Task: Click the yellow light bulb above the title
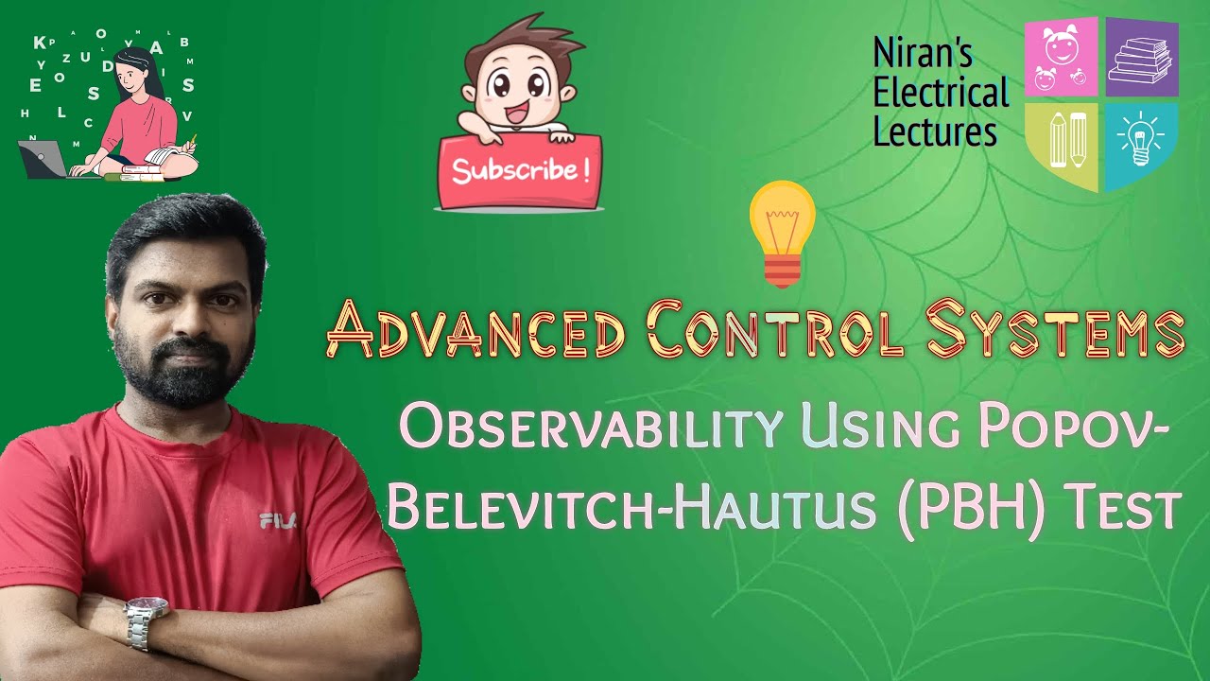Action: (782, 232)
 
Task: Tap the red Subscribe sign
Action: (519, 171)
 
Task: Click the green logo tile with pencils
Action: (1063, 142)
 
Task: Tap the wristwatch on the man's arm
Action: (146, 620)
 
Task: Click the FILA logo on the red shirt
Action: (278, 519)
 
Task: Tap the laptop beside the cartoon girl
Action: (43, 159)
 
